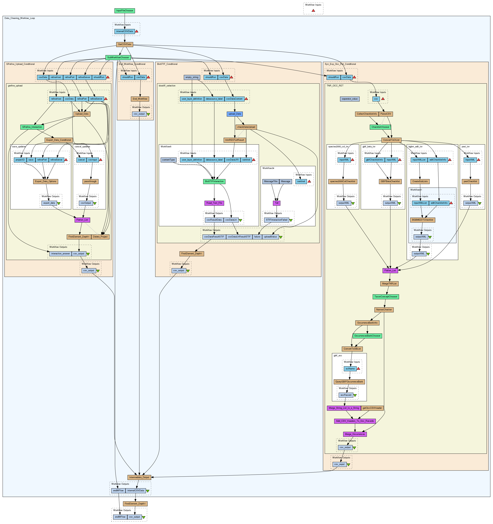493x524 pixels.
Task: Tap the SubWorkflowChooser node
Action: pos(118,57)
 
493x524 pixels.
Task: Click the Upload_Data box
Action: pos(82,114)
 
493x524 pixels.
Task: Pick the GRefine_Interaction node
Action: pos(32,127)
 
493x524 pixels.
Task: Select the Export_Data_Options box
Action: pos(46,182)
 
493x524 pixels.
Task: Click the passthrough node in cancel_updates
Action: pos(90,182)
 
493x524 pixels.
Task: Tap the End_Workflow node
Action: pos(140,99)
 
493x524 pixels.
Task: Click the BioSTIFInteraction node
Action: pos(214,182)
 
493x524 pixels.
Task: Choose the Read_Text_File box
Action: pos(214,203)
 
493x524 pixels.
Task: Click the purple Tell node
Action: pos(277,203)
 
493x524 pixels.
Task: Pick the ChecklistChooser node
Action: pos(380,127)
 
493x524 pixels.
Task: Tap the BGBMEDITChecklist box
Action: pos(423,220)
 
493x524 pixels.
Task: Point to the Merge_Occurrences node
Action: pos(355,434)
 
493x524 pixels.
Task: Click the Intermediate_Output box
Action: pos(139,477)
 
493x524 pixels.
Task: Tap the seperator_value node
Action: pos(350,99)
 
